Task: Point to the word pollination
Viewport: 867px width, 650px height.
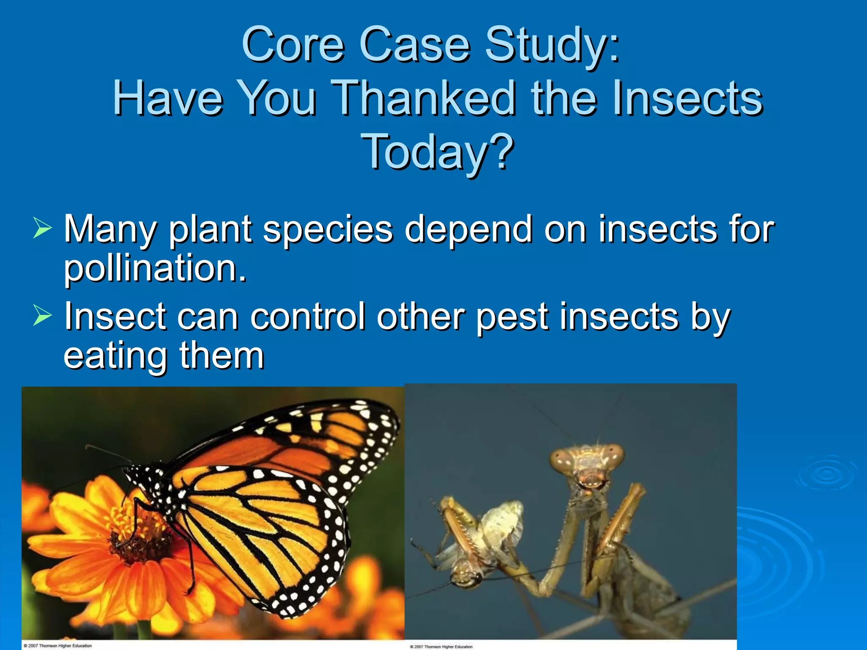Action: (x=155, y=269)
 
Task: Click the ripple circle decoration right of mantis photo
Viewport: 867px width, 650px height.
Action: (x=826, y=474)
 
